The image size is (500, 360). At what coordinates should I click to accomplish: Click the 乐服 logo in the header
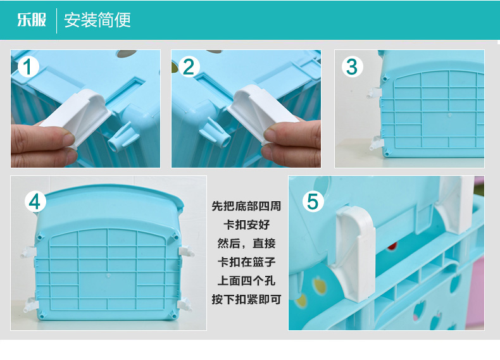click(32, 20)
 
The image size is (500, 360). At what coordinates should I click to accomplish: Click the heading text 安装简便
click(97, 20)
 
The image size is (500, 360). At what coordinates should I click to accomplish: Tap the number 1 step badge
click(28, 67)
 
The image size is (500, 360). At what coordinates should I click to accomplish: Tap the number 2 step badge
click(189, 67)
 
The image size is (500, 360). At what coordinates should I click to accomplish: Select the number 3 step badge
click(352, 67)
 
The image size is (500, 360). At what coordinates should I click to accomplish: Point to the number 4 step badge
click(35, 202)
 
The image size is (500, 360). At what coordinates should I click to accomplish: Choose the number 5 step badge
click(313, 202)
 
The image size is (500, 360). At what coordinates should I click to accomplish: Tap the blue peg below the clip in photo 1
click(123, 138)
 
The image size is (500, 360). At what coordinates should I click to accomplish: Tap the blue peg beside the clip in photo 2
click(215, 132)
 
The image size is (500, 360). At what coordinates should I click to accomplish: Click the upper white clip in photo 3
click(374, 93)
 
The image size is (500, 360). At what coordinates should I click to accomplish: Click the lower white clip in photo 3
click(376, 143)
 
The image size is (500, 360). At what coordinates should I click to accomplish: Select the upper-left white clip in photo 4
click(28, 252)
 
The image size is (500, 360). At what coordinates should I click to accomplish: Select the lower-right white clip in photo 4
click(185, 304)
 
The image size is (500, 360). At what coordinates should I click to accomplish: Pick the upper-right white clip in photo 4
click(186, 251)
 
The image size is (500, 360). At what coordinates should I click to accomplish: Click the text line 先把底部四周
click(246, 206)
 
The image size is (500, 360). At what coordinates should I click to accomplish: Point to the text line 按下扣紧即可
click(246, 299)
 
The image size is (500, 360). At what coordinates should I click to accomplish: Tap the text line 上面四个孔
click(246, 281)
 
